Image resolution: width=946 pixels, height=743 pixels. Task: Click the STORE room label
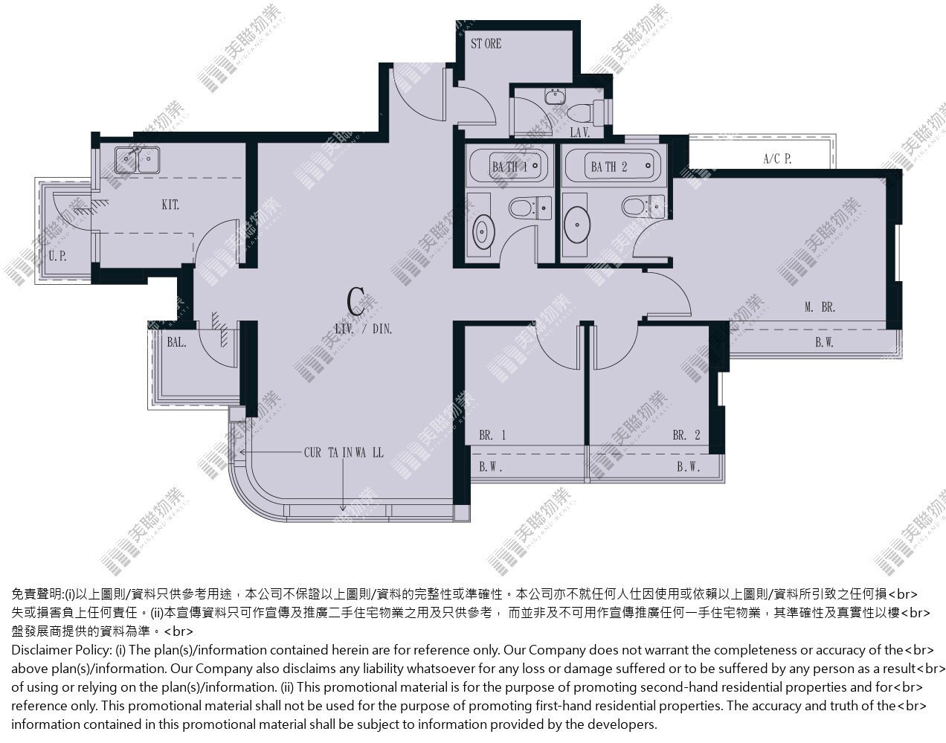486,44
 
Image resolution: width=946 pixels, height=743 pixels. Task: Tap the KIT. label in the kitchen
170,205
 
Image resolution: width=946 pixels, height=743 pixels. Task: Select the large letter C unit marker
355,300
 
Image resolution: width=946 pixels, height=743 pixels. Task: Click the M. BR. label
820,307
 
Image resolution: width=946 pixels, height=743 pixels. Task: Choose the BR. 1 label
492,435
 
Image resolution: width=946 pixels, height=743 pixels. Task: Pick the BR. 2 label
686,435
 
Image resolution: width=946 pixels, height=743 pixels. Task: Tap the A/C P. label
777,158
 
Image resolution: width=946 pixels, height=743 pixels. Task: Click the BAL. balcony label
176,342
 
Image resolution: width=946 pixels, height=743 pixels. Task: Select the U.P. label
57,256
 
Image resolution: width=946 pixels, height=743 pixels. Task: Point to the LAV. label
580,132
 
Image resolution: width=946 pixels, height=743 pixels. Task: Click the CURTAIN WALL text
344,453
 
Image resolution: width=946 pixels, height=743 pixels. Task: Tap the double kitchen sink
137,160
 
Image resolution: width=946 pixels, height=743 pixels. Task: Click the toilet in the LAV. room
585,112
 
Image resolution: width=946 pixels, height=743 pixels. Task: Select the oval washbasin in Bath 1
483,231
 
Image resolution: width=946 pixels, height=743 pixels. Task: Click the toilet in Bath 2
643,206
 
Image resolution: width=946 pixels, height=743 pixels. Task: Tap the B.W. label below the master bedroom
824,343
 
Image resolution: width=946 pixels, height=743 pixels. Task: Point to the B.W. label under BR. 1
490,467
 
